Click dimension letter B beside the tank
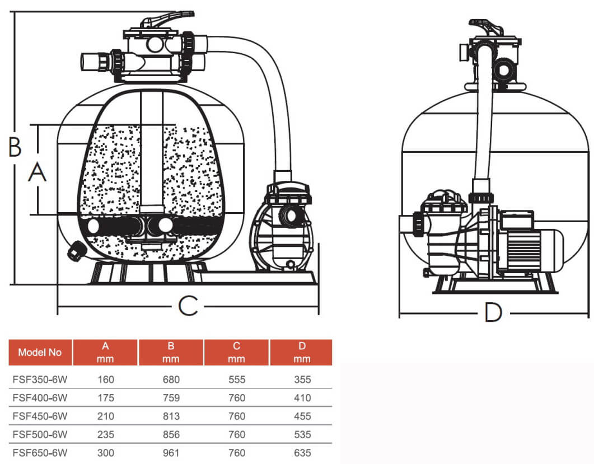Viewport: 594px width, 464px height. [15, 147]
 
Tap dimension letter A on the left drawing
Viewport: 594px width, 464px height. [38, 172]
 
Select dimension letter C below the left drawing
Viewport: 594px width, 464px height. [188, 306]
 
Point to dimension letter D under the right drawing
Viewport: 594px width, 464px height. [493, 313]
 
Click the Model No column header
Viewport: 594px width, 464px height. [40, 352]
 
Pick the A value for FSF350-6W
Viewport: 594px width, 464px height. [106, 379]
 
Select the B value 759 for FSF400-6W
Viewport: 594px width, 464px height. [171, 398]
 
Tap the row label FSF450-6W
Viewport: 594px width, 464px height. [40, 416]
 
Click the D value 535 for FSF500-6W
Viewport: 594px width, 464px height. [302, 434]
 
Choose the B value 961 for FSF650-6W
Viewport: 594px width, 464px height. [171, 453]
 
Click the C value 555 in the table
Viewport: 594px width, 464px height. [237, 379]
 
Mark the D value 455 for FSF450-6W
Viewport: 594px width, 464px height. [302, 416]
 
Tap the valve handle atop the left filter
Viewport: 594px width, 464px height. [167, 19]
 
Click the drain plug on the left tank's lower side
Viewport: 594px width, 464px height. [76, 251]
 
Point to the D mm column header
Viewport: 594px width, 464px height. [302, 352]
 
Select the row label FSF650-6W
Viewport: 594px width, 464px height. [40, 453]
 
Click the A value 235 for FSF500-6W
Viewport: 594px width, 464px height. [106, 434]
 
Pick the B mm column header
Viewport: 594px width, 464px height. [171, 352]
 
